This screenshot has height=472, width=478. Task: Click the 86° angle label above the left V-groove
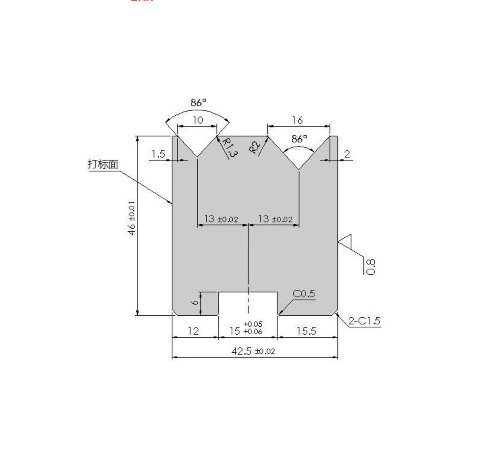(x=198, y=103)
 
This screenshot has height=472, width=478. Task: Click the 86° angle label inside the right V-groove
(x=299, y=139)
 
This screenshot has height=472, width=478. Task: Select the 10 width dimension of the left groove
(x=198, y=120)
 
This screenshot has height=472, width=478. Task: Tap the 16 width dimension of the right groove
(x=297, y=120)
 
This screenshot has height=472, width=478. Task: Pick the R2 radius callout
(x=255, y=147)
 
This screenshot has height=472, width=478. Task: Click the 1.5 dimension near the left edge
(x=158, y=154)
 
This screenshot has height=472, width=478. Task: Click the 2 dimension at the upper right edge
(x=347, y=154)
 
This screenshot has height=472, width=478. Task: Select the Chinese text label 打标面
(x=103, y=164)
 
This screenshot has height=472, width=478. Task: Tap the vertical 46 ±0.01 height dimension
(x=132, y=218)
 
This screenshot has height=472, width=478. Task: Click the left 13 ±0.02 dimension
(x=221, y=219)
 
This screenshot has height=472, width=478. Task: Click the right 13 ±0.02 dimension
(x=275, y=219)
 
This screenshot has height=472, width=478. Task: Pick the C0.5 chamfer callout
(x=304, y=294)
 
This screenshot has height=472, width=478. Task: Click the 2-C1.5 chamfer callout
(x=364, y=321)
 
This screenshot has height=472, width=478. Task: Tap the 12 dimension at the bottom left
(x=193, y=331)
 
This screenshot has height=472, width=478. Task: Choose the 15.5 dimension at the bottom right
(x=306, y=331)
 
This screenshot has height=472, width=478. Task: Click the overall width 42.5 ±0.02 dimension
(x=253, y=351)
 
